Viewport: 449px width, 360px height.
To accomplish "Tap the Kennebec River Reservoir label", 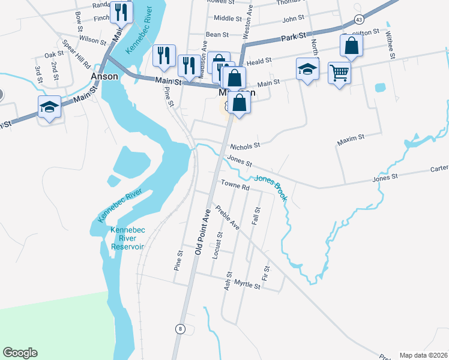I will tap(127, 238).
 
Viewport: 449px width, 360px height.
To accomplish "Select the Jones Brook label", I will tap(271, 187).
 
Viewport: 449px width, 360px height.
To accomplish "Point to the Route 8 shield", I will tap(179, 329).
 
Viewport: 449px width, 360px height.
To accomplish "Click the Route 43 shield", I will tap(358, 19).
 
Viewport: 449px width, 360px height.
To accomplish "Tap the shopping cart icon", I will tap(340, 73).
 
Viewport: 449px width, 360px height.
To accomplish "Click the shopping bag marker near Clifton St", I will tap(351, 46).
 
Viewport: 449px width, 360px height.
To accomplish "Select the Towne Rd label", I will tap(235, 187).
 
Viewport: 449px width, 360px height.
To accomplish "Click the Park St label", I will tap(294, 38).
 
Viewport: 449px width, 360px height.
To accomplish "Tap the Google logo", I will tap(20, 353).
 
